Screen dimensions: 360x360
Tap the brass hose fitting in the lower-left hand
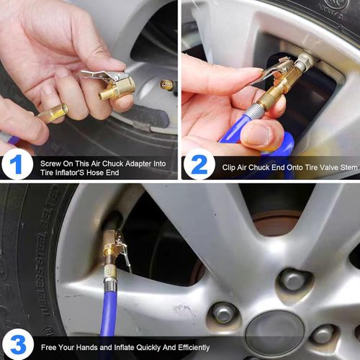pos(54,113)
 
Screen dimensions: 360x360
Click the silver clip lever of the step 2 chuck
pos(271,71)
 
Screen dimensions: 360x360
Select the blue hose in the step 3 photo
pos(108,317)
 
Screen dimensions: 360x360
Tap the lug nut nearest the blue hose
pos(224,312)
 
